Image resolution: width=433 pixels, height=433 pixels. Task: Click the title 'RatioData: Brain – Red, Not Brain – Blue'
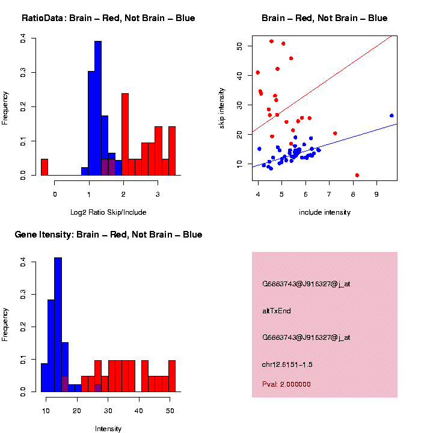pos(108,18)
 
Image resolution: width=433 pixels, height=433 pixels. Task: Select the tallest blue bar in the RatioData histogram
pos(98,108)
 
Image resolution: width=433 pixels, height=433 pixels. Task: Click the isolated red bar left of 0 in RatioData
pos(45,167)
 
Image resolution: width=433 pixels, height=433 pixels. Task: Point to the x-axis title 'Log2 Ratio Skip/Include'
pos(108,212)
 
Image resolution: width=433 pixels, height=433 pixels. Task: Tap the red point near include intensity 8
pos(357,175)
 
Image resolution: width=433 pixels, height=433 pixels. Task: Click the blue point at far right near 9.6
pos(392,115)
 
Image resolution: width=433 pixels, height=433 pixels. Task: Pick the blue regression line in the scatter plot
pos(337,143)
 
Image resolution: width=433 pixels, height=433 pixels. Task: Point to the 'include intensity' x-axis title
pos(325,212)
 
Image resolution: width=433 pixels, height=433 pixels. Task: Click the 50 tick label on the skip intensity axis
pos(239,46)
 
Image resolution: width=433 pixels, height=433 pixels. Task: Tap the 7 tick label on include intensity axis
pos(329,194)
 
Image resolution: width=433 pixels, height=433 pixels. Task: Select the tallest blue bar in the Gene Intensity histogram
pos(58,325)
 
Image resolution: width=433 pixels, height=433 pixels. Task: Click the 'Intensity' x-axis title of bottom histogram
pos(108,429)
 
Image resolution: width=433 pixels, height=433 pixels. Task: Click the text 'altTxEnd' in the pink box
pos(276,311)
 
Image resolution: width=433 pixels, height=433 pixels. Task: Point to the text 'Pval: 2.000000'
pos(286,384)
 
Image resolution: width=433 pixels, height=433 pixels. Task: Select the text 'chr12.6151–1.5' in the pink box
pos(287,364)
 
